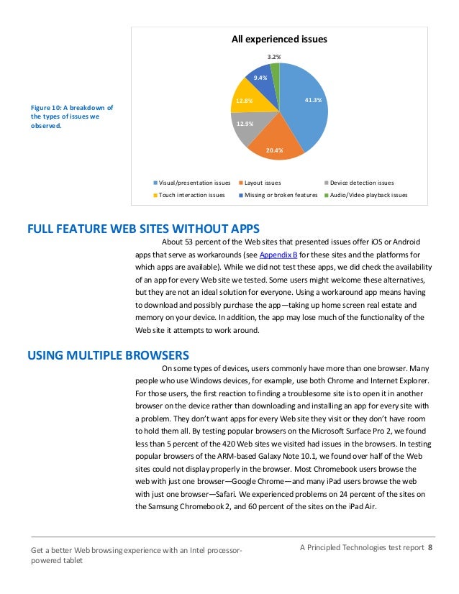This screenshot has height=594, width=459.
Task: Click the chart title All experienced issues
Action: (x=278, y=40)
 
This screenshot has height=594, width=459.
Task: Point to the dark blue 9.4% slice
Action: (x=260, y=79)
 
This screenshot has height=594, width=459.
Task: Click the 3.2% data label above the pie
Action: (x=273, y=55)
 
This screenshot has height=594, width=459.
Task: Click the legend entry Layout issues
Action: (x=263, y=183)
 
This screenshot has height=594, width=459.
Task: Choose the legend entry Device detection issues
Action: (x=362, y=183)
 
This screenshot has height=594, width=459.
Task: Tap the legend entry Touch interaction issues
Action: (x=191, y=195)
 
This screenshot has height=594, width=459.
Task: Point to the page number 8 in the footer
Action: (x=430, y=549)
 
